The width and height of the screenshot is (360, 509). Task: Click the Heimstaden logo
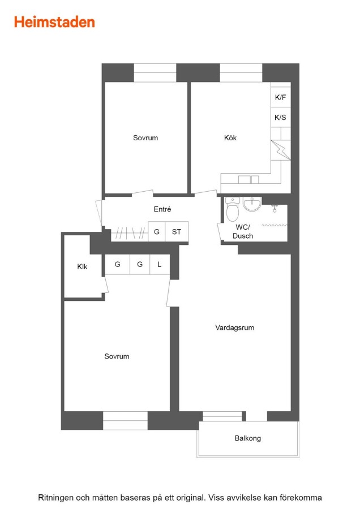click(54, 22)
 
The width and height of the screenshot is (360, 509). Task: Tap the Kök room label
click(230, 137)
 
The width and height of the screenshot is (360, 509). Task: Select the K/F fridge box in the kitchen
click(280, 97)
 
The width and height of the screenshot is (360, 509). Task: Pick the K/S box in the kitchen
click(280, 117)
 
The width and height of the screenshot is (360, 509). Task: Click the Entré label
click(162, 209)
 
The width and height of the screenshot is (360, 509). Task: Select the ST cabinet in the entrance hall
click(177, 231)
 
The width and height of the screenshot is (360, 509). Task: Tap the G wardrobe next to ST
click(157, 231)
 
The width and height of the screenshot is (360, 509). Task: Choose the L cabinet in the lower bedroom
click(160, 264)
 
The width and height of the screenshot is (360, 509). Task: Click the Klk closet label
click(82, 266)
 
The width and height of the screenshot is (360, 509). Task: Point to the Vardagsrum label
click(234, 327)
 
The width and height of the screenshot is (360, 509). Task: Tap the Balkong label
click(248, 438)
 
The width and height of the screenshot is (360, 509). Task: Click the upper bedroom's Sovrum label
click(145, 137)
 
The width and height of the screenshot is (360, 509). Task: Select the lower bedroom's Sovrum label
click(117, 356)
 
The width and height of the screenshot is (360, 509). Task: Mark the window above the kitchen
click(241, 73)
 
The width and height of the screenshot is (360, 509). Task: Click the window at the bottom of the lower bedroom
click(126, 421)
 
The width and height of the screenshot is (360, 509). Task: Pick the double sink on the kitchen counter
click(248, 179)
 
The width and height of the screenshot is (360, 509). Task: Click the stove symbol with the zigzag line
click(281, 150)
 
